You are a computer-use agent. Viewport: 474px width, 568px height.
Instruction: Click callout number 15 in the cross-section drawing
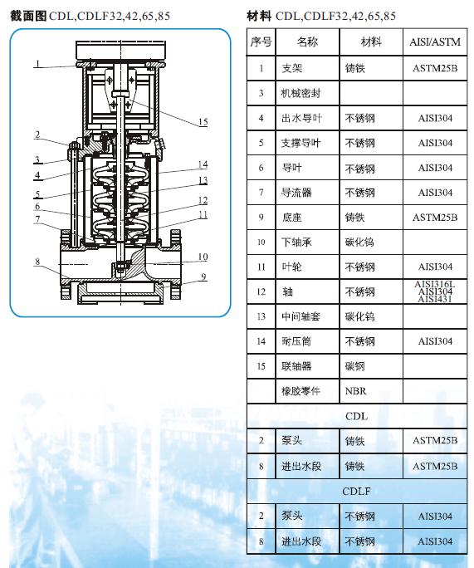coord(203,122)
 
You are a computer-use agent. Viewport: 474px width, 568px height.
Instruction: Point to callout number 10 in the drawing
coord(203,257)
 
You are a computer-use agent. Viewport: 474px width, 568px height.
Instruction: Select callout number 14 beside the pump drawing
coord(203,164)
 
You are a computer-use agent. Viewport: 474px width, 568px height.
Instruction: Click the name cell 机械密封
coord(301,93)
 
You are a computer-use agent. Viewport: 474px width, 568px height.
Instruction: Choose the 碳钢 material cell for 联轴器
coord(354,366)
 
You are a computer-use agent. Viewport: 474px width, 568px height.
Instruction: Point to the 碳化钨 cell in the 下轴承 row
coord(359,242)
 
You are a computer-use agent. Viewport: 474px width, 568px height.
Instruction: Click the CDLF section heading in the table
coord(356,491)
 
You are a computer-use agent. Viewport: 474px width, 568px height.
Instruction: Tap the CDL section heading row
coord(356,416)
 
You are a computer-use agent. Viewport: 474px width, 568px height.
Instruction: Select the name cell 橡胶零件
coord(301,391)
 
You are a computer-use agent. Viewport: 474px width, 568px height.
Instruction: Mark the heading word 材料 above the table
coord(259,15)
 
